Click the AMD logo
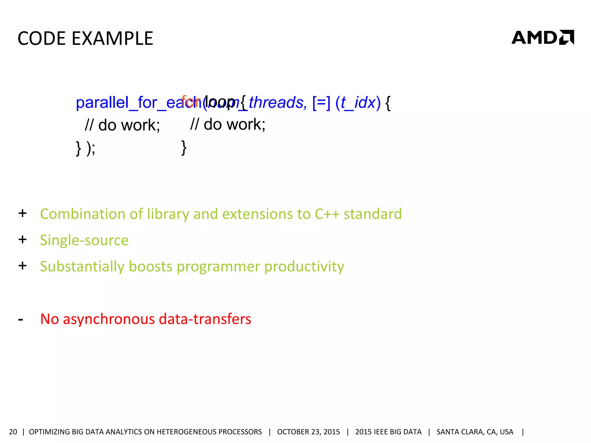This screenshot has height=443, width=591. click(543, 37)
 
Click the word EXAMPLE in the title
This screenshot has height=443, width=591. click(112, 38)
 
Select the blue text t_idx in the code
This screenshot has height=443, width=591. click(358, 103)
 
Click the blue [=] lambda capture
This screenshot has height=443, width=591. click(321, 103)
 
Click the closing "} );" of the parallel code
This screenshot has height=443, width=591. click(85, 148)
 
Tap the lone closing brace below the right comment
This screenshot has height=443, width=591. click(184, 148)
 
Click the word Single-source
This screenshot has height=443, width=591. click(84, 240)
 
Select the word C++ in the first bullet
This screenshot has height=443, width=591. click(327, 214)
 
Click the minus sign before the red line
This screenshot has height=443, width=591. click(20, 320)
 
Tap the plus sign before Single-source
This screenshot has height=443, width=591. click(23, 239)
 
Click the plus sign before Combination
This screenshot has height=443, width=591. click(23, 213)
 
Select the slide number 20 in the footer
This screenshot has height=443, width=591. click(13, 432)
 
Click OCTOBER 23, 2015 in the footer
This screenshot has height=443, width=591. click(308, 432)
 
